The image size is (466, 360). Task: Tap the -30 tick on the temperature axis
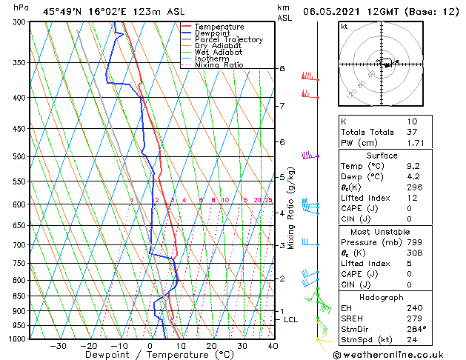tap(58, 346)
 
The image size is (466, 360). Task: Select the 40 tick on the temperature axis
tap(273, 346)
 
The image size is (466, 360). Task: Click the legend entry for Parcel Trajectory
tap(228, 39)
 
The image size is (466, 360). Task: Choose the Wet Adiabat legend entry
tap(219, 53)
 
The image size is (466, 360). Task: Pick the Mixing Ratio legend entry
tap(219, 65)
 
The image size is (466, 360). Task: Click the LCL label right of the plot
tap(291, 319)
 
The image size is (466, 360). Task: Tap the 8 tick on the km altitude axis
tap(282, 69)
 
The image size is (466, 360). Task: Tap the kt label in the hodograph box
tap(344, 26)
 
